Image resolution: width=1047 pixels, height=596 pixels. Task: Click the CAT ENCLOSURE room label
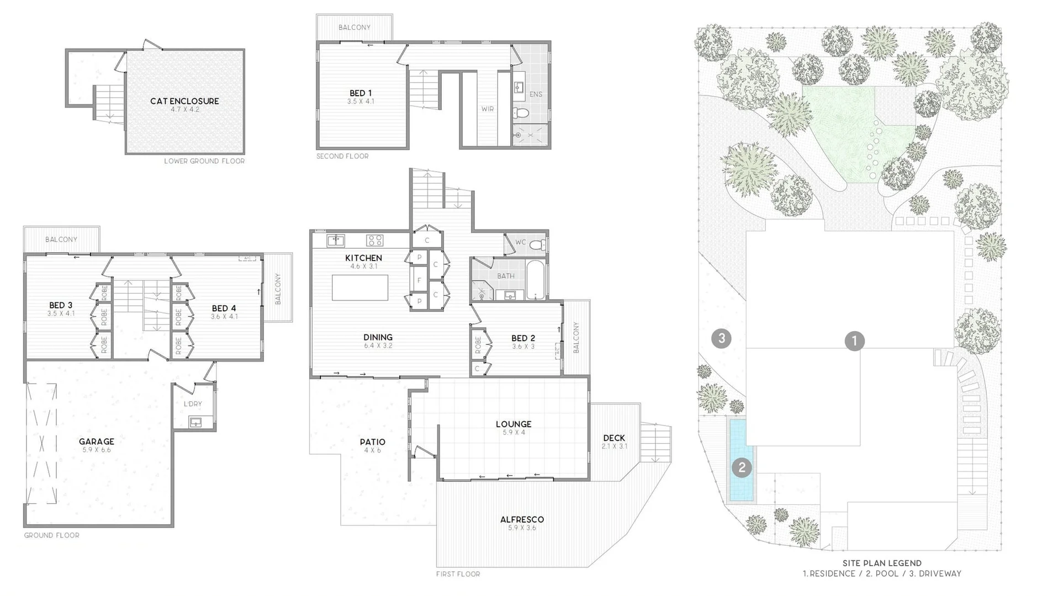pos(184,101)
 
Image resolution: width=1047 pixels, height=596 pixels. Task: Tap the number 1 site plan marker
pos(854,340)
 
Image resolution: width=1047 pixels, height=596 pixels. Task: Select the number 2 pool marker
pos(742,468)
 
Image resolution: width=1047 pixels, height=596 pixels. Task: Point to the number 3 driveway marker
pos(721,338)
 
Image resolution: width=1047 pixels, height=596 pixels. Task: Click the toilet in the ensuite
pos(520,113)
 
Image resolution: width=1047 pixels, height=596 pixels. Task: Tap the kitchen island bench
pos(360,288)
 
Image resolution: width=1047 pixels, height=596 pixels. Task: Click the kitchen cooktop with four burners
pos(375,240)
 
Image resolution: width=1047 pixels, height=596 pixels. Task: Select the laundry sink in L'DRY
pos(195,423)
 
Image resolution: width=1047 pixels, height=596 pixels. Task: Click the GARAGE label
pos(97,441)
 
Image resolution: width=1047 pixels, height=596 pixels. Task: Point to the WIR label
pos(487,109)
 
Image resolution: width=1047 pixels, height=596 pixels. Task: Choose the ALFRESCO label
pos(522,519)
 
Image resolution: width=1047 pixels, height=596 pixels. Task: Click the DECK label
pos(614,438)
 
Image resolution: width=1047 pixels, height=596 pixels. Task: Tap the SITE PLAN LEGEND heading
pos(882,563)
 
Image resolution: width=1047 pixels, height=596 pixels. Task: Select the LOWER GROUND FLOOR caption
pos(204,161)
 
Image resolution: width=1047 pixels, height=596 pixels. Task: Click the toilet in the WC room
pos(537,244)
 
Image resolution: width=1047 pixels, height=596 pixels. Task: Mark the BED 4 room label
pos(224,308)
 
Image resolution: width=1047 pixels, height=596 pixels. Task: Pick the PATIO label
pos(373,442)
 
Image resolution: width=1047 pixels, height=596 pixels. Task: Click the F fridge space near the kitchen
pos(419,280)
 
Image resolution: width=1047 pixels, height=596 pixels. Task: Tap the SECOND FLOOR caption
pos(342,156)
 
